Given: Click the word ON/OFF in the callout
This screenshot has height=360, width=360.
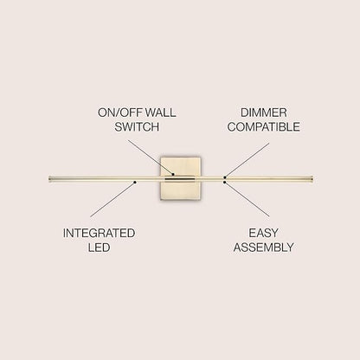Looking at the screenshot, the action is (x=119, y=112).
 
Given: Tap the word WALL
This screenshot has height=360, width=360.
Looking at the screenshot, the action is (x=160, y=112).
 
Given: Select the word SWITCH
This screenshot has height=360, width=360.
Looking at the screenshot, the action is (x=137, y=127).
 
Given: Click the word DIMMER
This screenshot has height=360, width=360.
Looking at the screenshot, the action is (x=264, y=112).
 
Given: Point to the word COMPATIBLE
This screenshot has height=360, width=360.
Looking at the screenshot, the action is (x=264, y=127).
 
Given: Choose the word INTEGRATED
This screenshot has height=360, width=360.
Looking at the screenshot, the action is (x=99, y=233).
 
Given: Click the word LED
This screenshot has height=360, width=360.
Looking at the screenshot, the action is (x=99, y=247).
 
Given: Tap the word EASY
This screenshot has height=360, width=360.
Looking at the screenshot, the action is (x=263, y=233).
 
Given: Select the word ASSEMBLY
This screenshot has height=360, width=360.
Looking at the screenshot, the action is (x=263, y=247).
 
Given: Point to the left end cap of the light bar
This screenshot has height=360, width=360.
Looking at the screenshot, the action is (x=50, y=179).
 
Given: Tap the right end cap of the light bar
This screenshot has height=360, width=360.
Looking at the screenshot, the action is (x=312, y=179).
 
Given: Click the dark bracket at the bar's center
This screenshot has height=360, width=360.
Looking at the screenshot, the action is (x=179, y=179).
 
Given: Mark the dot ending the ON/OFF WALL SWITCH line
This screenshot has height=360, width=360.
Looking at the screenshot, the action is (x=173, y=174).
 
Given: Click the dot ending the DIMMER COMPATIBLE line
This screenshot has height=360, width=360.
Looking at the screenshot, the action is (x=225, y=177).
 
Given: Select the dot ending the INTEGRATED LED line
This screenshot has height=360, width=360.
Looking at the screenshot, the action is (x=135, y=182).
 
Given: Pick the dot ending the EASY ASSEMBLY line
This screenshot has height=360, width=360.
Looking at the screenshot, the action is (x=224, y=182).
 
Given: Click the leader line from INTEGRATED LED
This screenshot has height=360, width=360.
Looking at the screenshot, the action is (x=112, y=199).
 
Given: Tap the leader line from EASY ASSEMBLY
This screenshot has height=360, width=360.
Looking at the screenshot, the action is (x=247, y=199).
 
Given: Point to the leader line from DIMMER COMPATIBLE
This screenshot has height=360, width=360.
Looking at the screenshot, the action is (x=247, y=160).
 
